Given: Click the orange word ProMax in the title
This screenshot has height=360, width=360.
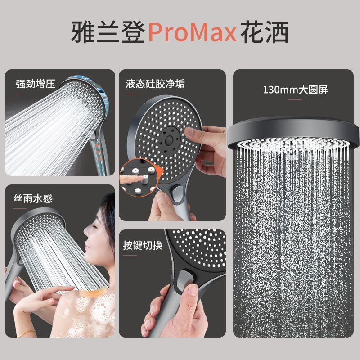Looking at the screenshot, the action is [x=193, y=32].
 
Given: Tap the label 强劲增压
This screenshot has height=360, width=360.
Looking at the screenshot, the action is [x=36, y=84].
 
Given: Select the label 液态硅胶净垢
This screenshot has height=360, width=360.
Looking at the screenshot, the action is [x=155, y=84].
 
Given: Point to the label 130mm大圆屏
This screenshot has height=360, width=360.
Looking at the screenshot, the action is [x=295, y=90].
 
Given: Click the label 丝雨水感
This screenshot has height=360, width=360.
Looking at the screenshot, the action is [x=33, y=198].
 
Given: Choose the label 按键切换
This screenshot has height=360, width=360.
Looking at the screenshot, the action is [x=143, y=245].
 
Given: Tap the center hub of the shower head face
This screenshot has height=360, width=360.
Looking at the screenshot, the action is [x=170, y=139].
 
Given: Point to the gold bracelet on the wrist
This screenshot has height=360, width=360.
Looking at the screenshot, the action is [x=27, y=333].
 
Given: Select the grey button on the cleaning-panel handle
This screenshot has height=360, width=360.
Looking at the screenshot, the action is [x=177, y=193].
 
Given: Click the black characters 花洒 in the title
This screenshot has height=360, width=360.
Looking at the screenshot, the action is [x=265, y=32].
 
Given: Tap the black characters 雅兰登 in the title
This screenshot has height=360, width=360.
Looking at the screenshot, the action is [x=108, y=32].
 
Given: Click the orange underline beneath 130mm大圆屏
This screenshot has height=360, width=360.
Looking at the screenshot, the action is [x=295, y=100].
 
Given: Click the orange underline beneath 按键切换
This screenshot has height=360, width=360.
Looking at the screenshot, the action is [x=130, y=256].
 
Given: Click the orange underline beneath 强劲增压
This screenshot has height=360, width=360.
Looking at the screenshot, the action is [x=23, y=94].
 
